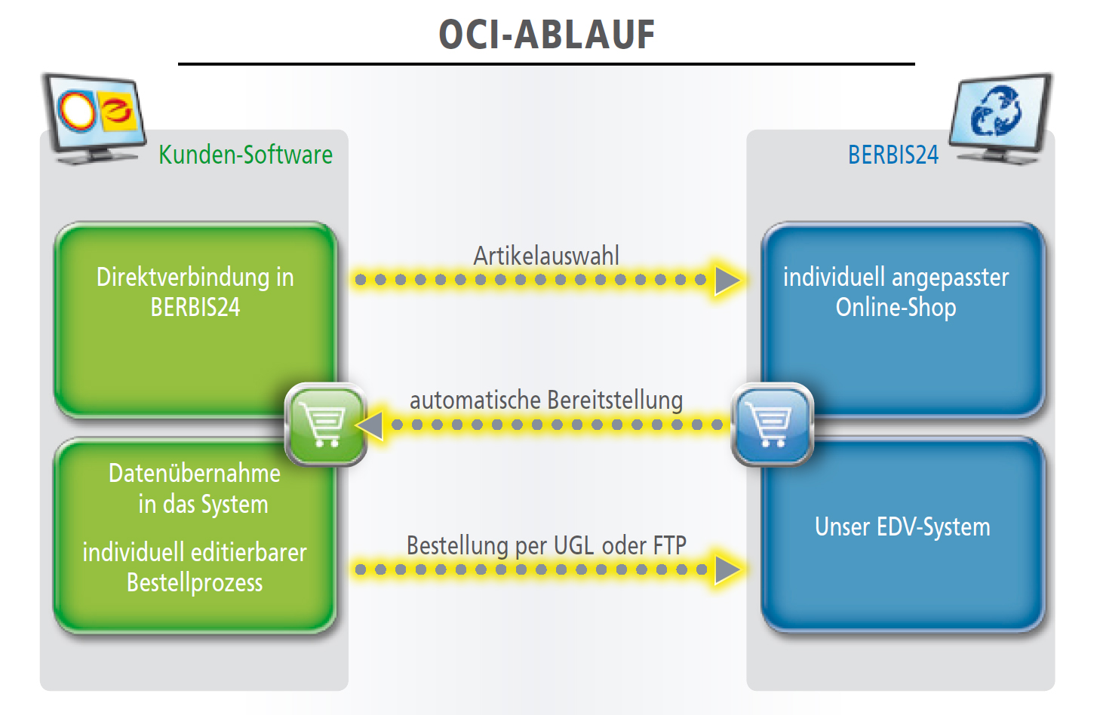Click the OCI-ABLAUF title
pos(546,35)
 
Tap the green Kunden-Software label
pos(245,155)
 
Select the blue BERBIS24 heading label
pos(893,155)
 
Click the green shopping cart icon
pos(325,425)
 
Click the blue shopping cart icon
pos(773,425)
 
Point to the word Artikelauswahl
pos(546,256)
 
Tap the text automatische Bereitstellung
pos(546,400)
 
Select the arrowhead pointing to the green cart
pos(369,425)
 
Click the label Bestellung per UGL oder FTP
pos(546,545)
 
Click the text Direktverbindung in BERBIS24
pos(195,292)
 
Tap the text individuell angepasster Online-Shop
pos(896,292)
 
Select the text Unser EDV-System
pos(902,527)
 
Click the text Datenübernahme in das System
pos(195,489)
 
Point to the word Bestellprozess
pos(195,583)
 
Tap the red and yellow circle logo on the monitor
pos(77,111)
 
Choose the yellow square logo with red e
pos(118,111)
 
